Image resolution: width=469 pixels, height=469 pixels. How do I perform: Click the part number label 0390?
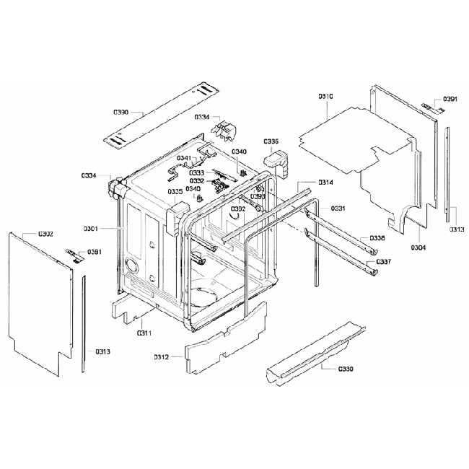tap(120, 113)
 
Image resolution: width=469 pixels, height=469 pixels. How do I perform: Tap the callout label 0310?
tap(325, 96)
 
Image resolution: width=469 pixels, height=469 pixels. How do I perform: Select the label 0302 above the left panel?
tap(45, 234)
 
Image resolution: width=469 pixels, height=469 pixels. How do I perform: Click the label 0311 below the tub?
tap(144, 333)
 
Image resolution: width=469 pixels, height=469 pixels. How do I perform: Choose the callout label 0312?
tap(161, 357)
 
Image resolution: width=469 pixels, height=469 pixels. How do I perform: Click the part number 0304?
tap(418, 247)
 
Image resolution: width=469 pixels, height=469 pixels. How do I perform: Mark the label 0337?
tap(384, 261)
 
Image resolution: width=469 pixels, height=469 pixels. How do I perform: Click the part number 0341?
tap(184, 158)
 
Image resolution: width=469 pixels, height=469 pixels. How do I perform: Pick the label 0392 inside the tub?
tap(238, 209)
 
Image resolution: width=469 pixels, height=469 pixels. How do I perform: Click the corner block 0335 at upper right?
tap(276, 160)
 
